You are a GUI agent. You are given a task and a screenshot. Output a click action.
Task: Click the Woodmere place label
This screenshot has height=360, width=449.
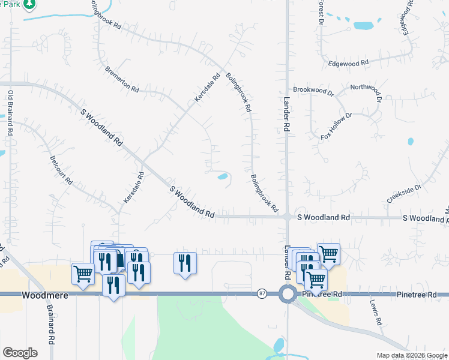tap(40, 295)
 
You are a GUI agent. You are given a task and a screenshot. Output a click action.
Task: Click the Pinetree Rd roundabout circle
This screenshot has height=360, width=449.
tap(288, 294)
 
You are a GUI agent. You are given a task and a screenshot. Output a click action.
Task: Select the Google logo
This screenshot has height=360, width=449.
tap(20, 353)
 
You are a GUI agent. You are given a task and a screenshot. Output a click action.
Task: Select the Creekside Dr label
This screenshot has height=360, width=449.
tap(404, 193)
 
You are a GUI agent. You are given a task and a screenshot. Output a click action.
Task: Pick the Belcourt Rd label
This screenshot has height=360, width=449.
tap(61, 172)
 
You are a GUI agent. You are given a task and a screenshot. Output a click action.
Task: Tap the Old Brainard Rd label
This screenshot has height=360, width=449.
tap(10, 114)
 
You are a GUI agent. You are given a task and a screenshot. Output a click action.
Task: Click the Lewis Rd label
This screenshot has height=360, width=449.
tap(375, 312)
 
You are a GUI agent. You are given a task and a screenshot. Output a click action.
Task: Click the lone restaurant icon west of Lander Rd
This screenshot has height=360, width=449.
tap(185, 263)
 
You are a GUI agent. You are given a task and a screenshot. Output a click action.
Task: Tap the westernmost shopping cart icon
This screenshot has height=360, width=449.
tap(83, 274)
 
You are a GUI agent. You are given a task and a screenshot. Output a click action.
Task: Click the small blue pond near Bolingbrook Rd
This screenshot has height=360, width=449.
tap(222, 176)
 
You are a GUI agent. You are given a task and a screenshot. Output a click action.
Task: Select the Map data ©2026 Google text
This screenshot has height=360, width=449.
tap(412, 355)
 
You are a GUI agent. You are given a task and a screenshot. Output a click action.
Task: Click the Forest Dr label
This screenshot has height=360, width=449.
tap(321, 12)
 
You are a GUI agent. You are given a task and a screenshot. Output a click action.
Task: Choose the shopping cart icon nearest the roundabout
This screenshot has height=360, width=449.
tap(316, 278)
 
